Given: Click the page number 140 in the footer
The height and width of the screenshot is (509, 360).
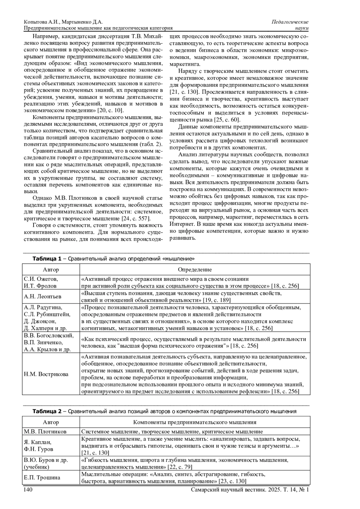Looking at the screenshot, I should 28,490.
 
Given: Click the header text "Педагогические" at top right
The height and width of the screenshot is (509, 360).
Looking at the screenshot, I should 290,22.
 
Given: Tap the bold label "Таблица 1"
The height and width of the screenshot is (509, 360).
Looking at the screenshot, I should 47,258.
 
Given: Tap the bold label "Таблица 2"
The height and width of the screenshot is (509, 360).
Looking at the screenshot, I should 47,411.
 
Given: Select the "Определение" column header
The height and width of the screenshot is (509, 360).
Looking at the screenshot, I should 195,270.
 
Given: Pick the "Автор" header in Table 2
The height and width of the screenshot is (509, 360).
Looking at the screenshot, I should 51,422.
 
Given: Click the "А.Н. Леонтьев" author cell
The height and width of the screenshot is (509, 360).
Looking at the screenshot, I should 43,296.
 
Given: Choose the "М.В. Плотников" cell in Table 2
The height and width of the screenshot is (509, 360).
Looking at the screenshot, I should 45,432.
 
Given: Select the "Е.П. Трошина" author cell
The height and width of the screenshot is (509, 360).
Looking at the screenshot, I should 42,478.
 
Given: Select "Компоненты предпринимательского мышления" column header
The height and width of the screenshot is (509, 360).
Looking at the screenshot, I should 195,422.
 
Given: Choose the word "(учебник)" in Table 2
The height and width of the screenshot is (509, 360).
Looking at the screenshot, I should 37,467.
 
